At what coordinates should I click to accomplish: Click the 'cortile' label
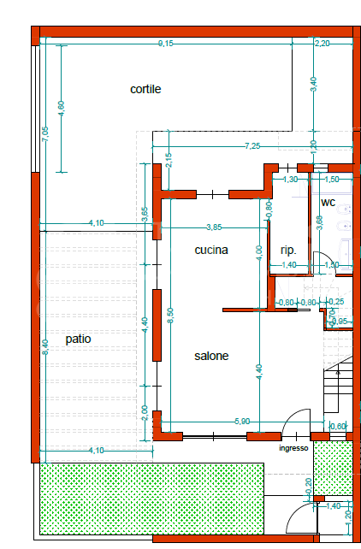[x=145, y=89]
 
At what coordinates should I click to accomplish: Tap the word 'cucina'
[x=210, y=251]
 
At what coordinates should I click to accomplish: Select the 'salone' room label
[x=210, y=356]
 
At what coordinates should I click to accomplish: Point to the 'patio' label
[x=78, y=339]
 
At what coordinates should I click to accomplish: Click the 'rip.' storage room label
[x=288, y=251]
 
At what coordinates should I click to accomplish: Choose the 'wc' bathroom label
[x=328, y=203]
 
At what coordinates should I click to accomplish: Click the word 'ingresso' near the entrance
[x=292, y=448]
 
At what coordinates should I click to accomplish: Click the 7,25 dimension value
[x=252, y=146]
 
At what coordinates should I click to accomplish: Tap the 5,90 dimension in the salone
[x=243, y=422]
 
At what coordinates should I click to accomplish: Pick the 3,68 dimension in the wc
[x=319, y=221]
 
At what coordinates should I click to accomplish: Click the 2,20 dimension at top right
[x=323, y=43]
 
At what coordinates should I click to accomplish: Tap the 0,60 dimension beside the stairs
[x=338, y=426]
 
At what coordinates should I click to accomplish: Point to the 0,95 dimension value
[x=340, y=322]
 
